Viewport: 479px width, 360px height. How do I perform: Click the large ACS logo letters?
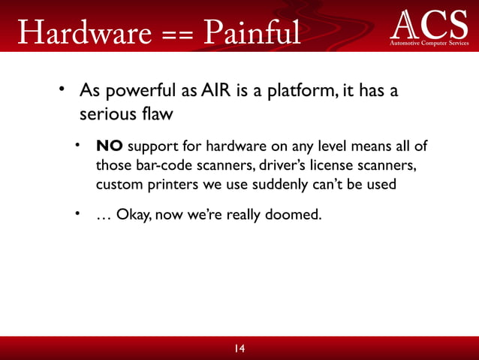[x=429, y=24]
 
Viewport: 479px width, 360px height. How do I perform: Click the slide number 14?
[x=239, y=348]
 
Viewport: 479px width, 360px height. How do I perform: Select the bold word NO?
[x=108, y=146]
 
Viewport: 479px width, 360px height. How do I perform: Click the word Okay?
[x=132, y=216]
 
